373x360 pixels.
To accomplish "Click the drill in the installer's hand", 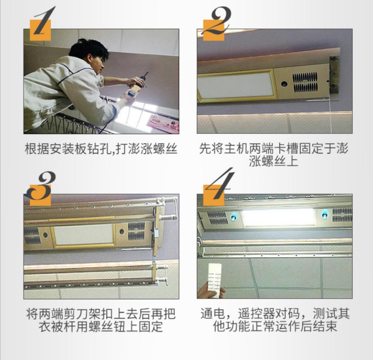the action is coord(137,86).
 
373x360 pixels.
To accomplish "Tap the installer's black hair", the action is coord(89,49).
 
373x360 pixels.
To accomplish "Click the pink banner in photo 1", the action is coord(162,123).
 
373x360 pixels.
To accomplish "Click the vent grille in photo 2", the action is coord(305,82).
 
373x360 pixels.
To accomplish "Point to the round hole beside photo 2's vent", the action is coord(284,84).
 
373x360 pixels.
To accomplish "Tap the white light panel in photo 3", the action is coord(83,235).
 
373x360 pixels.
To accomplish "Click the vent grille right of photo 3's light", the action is coord(136,231).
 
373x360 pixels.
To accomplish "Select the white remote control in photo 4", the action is coord(215,280).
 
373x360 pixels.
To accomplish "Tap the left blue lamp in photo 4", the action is coord(234,217).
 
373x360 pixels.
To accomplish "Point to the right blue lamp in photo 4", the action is coord(324,216).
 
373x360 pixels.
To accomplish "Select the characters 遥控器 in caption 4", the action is coord(257,313).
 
